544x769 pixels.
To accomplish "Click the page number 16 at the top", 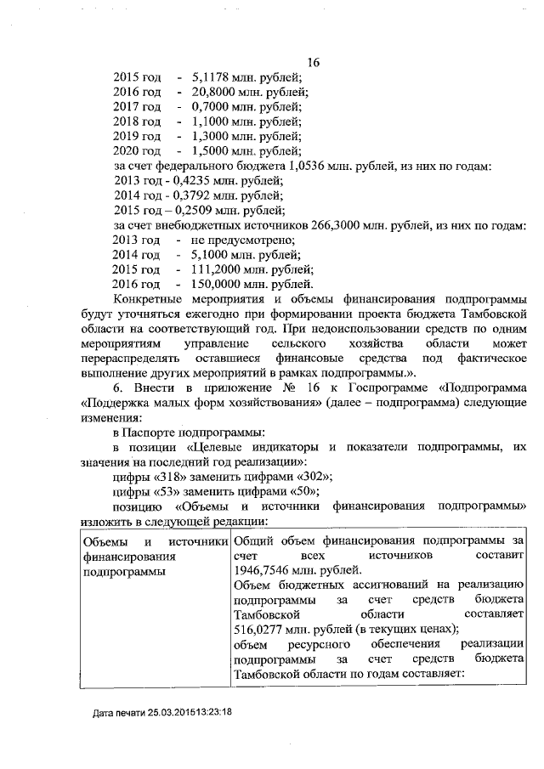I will (x=312, y=62).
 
